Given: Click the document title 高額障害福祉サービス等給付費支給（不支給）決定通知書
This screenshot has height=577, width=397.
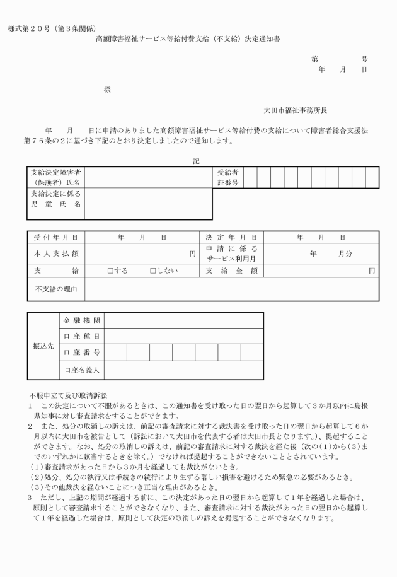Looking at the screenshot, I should click(188, 38).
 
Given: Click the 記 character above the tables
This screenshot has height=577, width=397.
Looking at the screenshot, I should click(196, 161).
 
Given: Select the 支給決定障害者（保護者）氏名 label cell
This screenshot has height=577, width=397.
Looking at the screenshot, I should click(55, 177).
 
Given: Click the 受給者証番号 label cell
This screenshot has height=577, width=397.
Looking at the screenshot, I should click(227, 177).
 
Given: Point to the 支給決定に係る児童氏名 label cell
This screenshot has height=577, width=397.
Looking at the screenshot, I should click(55, 199).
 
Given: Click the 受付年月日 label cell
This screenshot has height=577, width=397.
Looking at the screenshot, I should click(55, 238).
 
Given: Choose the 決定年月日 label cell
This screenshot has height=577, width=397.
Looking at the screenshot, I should click(231, 238).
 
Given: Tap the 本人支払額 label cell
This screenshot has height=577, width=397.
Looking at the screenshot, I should click(55, 254).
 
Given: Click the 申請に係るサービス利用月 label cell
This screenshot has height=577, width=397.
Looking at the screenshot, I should click(231, 254).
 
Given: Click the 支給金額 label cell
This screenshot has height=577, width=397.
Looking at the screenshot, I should click(231, 271).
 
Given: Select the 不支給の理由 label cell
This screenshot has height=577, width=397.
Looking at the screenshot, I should click(55, 289).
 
